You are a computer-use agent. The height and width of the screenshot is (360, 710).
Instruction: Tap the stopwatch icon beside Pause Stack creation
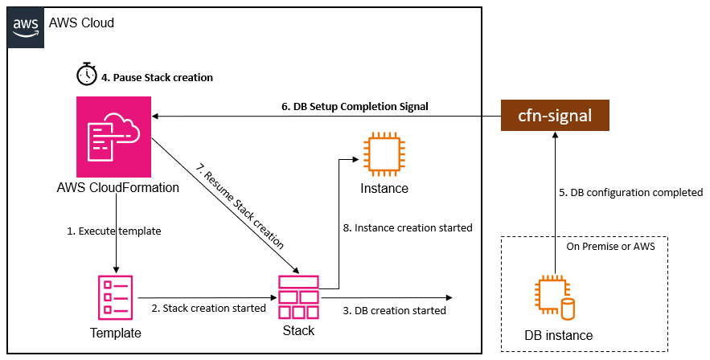coord(87,76)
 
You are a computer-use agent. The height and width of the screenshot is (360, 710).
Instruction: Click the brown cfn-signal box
coord(554,116)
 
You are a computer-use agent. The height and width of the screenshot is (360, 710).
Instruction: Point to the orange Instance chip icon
coord(384,155)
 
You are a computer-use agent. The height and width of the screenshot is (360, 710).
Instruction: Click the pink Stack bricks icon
coord(298,297)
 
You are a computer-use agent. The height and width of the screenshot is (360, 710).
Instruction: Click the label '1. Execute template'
coord(114,231)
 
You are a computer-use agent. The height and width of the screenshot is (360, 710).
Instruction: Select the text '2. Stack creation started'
coord(209,308)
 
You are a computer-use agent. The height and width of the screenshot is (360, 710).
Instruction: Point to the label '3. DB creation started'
coord(395,310)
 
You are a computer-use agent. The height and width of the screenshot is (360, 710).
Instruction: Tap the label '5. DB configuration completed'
coord(630,193)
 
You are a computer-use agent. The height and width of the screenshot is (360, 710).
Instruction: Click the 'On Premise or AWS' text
coord(610,247)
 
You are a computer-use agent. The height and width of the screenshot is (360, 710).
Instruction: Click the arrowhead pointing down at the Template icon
coord(118,269)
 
